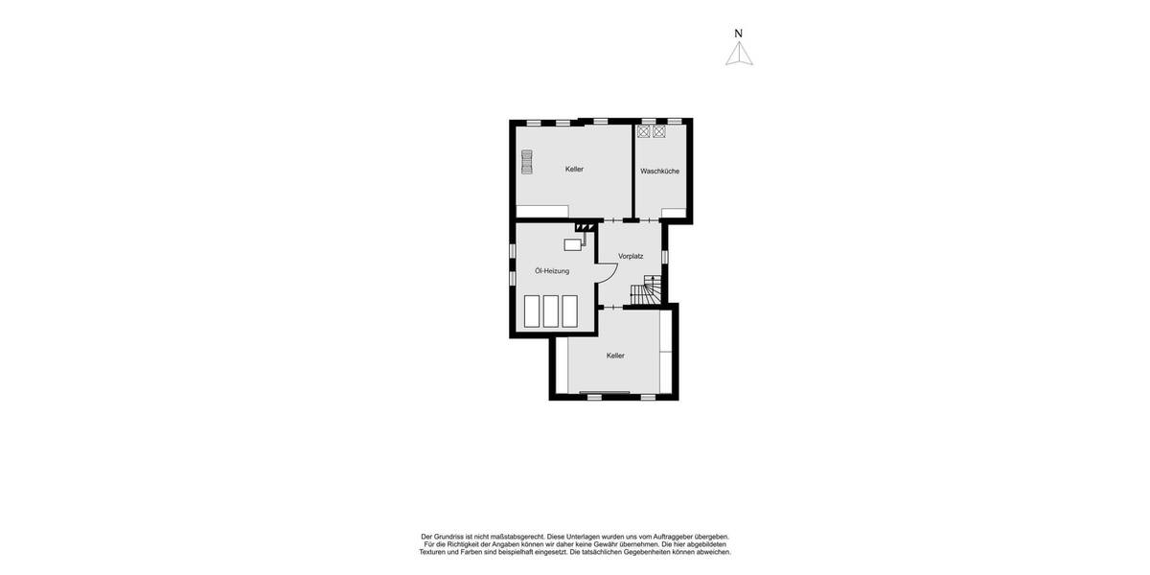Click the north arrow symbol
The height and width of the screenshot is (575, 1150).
tap(739, 54)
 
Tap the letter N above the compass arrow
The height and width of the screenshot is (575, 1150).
tap(738, 34)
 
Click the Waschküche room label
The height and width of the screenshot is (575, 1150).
tap(659, 172)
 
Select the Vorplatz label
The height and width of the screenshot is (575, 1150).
tap(631, 256)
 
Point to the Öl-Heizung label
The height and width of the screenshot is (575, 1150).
tap(552, 271)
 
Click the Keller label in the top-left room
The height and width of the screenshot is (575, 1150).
tap(574, 170)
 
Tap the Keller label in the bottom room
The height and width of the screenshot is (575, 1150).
tap(615, 356)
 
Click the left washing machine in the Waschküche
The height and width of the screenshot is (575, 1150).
tap(643, 131)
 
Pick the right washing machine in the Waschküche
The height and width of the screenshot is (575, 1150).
tap(659, 131)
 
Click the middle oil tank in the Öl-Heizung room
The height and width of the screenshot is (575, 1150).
tap(551, 311)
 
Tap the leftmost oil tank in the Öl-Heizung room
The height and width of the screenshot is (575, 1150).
tap(532, 311)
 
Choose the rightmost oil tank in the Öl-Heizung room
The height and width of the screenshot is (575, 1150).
tap(569, 311)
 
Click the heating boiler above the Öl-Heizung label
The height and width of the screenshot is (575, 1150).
tap(573, 244)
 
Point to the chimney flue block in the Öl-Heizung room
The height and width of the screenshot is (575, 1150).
tap(583, 227)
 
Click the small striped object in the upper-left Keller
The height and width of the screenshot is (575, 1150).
tap(526, 162)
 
